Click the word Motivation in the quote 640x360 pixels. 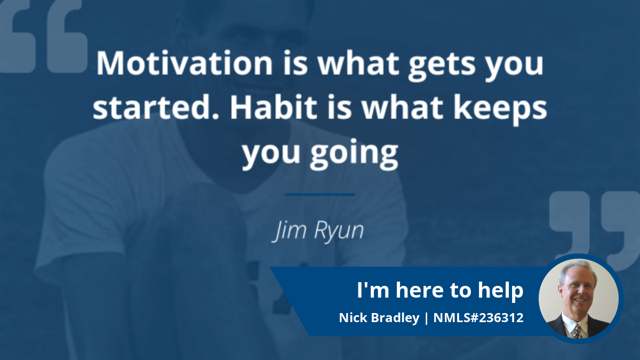point(185,63)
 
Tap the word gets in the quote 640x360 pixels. point(442,66)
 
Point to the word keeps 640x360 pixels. point(500,110)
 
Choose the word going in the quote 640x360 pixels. point(354,154)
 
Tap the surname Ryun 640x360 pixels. point(339,231)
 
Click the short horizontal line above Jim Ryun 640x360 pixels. point(320,195)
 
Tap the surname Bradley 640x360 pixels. point(395,318)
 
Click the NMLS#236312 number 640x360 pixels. point(478,318)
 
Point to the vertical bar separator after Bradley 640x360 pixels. point(427,318)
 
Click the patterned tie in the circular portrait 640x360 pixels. point(577,331)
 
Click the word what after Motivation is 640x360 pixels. point(358,63)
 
